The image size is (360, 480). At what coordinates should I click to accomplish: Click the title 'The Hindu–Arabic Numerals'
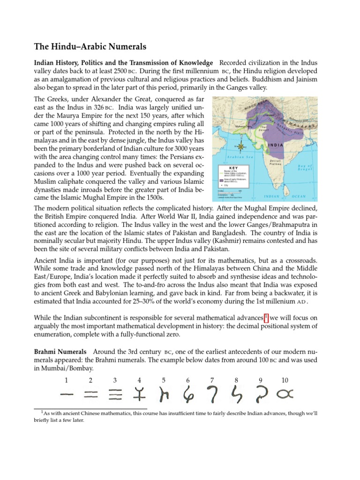coord(90,47)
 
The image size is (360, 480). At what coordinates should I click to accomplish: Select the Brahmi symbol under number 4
coord(139,396)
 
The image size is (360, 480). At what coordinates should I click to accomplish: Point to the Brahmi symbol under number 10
coord(284,396)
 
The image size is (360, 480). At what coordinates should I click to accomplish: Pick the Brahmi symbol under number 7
coord(212,396)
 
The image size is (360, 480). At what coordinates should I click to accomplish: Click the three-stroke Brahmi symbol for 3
coord(115,396)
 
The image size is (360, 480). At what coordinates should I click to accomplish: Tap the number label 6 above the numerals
coord(188,380)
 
